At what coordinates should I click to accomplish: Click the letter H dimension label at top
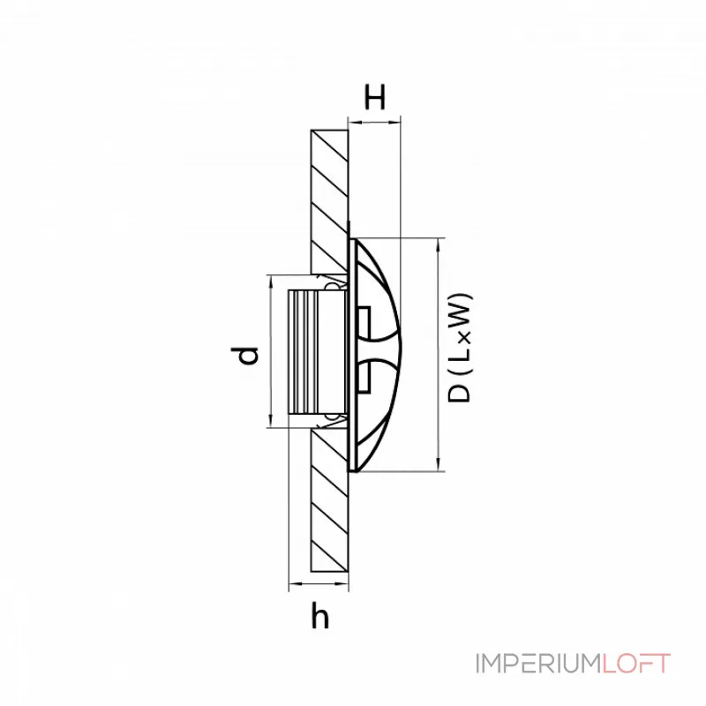click(x=376, y=98)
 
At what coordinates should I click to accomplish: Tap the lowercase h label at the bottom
click(x=320, y=616)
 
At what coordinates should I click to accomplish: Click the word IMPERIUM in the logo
click(x=537, y=664)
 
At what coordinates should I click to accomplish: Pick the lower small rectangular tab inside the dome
click(x=364, y=379)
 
